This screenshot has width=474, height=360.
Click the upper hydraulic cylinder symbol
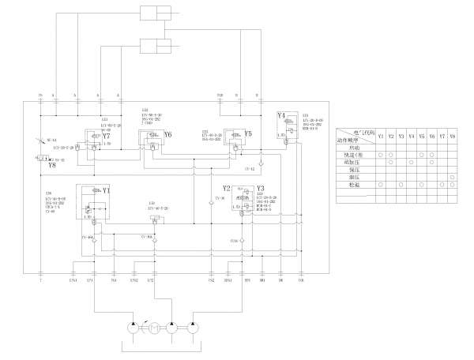pos(155,13)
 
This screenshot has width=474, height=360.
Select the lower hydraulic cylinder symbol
pos(155,45)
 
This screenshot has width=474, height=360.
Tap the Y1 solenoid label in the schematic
pos(107,191)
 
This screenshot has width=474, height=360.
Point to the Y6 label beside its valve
pos(167,135)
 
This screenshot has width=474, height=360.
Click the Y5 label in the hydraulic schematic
pos(247,135)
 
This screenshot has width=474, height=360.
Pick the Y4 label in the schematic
pos(281,116)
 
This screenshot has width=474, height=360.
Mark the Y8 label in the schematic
pos(51,166)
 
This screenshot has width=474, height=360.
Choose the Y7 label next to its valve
pos(107,136)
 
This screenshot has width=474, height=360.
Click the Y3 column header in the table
pos(401,137)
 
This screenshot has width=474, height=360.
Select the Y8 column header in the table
pos(452,137)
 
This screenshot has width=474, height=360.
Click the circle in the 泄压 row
pos(452,178)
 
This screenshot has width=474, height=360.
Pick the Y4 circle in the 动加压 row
pos(411,162)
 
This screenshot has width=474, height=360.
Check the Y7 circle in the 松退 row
pos(442,186)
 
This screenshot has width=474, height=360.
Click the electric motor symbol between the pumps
pos(155,328)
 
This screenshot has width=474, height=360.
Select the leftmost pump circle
pos(135,328)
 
